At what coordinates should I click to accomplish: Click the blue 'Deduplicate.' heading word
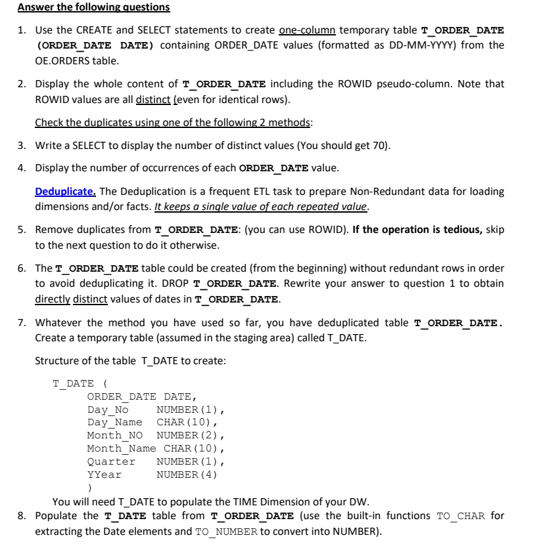point(66,192)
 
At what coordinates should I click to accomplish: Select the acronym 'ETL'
point(267,192)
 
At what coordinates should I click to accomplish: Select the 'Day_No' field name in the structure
point(108,410)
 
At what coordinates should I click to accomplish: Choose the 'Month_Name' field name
point(122,448)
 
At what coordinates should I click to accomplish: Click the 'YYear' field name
point(105,474)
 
